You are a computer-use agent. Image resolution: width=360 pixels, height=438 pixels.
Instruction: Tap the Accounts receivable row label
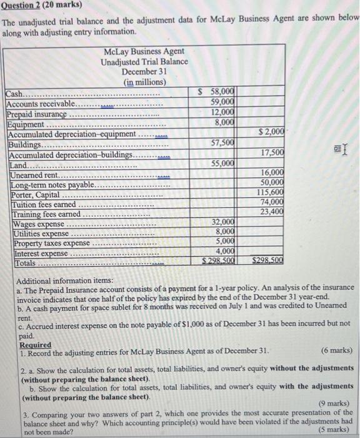point(41,103)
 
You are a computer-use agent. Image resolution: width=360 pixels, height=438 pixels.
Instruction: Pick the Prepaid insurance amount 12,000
point(222,112)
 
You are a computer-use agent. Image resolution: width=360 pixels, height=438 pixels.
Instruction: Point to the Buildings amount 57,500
point(222,143)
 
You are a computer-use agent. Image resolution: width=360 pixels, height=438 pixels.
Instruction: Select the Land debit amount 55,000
point(222,163)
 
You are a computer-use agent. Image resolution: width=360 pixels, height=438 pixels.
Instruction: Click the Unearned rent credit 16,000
point(272,172)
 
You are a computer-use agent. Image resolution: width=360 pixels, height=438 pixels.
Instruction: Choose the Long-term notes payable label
point(51,185)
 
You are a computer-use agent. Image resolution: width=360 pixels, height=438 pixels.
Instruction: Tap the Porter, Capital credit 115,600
point(270,192)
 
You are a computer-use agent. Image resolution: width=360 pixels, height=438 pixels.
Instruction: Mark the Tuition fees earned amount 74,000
point(272,202)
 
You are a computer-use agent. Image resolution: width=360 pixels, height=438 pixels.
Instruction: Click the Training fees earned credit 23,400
point(272,211)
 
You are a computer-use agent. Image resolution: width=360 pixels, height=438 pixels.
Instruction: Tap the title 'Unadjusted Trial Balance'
point(144,61)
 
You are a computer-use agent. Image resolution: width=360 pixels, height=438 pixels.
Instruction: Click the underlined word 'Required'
point(36,344)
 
